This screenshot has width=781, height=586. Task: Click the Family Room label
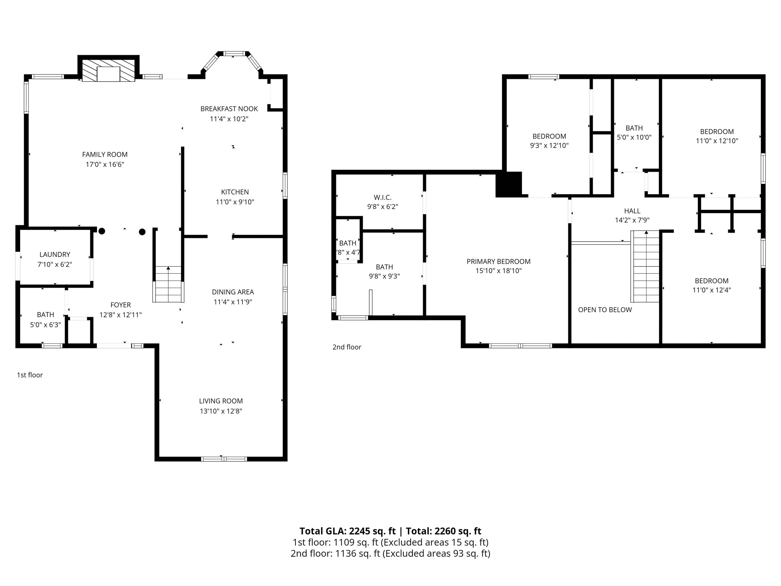(105, 154)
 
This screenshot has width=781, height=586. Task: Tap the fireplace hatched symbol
(108, 70)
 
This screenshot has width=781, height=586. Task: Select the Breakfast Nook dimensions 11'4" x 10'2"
(229, 119)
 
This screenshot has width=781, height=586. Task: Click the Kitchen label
(235, 192)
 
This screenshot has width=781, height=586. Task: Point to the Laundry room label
(55, 254)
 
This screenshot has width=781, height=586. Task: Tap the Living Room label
(221, 401)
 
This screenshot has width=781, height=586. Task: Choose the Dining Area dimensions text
(233, 302)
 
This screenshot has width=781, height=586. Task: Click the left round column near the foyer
(102, 231)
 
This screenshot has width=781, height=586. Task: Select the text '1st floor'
(30, 375)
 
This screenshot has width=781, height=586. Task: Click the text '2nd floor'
(347, 347)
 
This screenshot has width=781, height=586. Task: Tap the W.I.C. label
(382, 197)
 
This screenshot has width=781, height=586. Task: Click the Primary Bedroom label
(498, 261)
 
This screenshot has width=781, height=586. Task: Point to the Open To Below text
(604, 310)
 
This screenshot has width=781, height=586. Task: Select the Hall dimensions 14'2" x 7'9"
(632, 220)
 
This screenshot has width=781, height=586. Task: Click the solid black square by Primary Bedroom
(509, 184)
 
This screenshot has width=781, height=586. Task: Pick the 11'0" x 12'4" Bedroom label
(711, 281)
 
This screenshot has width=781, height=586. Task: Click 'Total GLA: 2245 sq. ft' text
(347, 531)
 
